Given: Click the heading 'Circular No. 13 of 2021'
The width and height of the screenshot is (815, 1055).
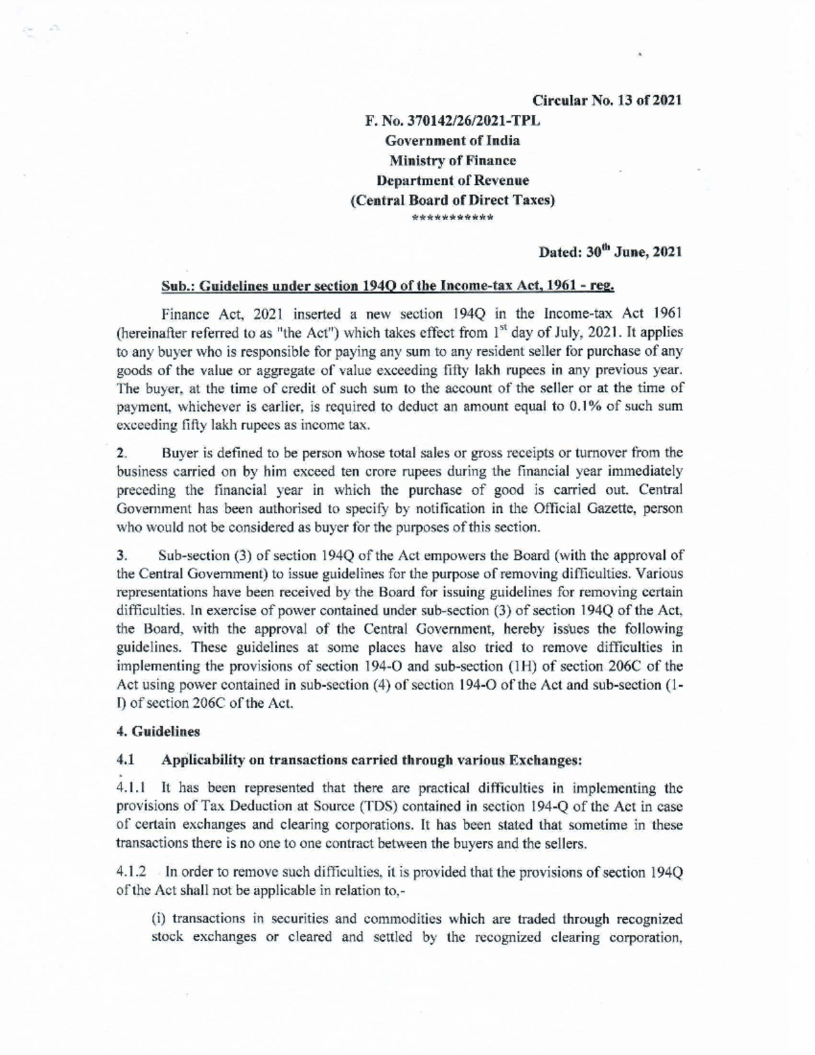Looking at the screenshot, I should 606,101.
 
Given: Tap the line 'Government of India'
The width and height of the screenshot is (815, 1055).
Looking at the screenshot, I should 452,141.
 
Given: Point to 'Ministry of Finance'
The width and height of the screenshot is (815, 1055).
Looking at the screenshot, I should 452,161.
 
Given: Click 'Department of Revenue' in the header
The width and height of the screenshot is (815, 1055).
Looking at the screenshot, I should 452,181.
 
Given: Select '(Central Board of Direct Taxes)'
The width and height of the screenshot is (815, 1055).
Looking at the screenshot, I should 452,200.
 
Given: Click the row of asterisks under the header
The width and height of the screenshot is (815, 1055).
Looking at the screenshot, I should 452,219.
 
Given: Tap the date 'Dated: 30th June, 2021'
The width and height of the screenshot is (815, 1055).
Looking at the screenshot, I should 609,252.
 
